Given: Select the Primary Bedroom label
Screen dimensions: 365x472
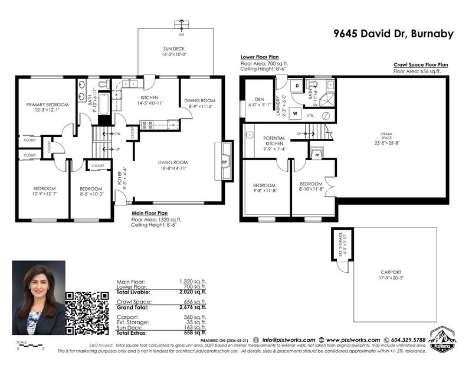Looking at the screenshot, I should (47, 105).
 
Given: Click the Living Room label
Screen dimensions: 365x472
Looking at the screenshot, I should (172, 162).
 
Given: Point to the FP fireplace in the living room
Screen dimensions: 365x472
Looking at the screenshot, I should (224, 162).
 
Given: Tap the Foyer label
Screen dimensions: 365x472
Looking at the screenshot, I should (119, 176).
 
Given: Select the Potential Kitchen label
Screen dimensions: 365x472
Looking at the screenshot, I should (274, 140).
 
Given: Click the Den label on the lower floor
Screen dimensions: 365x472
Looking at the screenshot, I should (258, 99).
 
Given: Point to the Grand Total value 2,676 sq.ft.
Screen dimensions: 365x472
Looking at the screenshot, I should (192, 307).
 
